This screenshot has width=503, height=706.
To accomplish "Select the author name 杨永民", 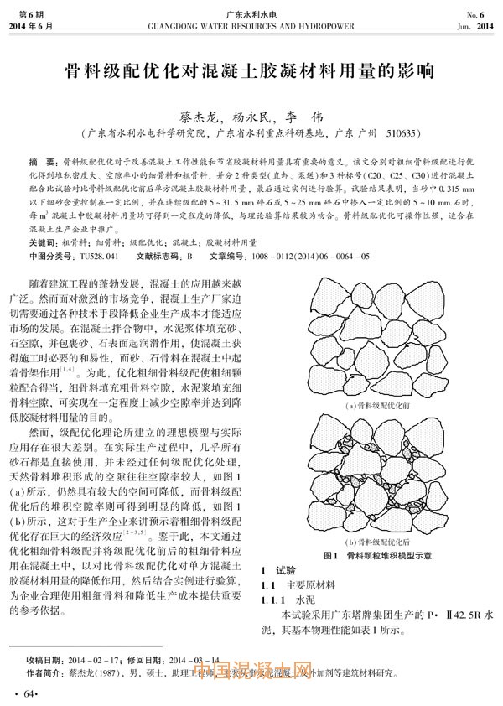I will click(x=253, y=117).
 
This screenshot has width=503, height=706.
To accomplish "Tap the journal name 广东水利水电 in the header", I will click(x=251, y=14).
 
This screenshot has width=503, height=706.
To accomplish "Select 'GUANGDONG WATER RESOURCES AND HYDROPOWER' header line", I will click(x=251, y=26).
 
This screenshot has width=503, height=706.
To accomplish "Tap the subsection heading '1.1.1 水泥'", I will click(x=286, y=601).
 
